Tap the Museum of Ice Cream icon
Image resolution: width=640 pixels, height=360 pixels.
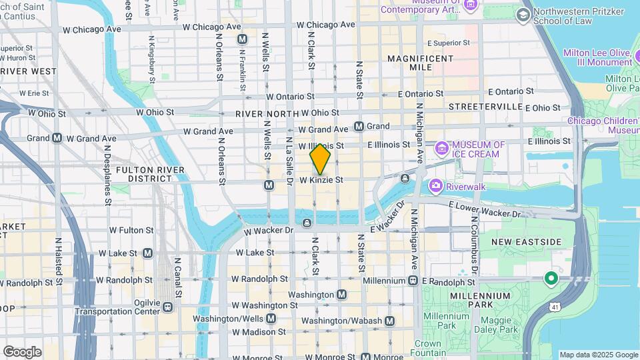(x=441, y=148)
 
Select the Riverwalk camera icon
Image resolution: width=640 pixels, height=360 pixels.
(x=436, y=185)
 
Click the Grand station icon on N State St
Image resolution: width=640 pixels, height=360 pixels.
(x=359, y=126)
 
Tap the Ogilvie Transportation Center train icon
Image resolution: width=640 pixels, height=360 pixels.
(x=167, y=307)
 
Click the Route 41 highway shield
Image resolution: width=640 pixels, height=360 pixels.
(x=555, y=306)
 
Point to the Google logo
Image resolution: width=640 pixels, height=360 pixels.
(x=22, y=351)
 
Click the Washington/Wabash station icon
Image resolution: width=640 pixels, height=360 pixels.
(x=390, y=321)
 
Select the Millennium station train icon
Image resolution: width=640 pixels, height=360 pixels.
(x=413, y=280)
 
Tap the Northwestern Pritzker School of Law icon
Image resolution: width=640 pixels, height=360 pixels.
(x=523, y=15)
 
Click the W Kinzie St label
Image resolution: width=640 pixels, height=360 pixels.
(x=321, y=180)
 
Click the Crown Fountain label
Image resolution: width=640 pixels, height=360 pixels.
(x=427, y=347)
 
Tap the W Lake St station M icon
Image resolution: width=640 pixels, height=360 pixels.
(x=147, y=253)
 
